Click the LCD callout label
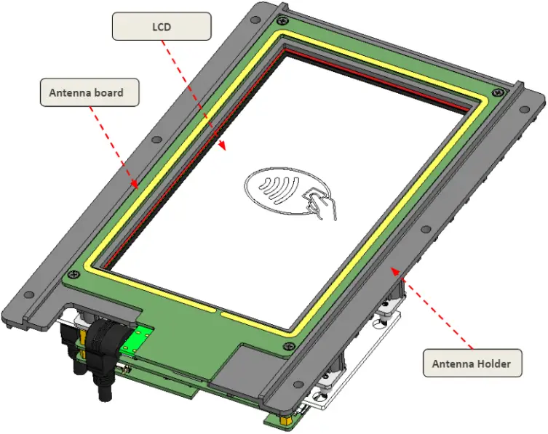click(x=161, y=28)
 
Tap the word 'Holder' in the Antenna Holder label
click(x=492, y=363)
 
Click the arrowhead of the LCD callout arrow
click(x=225, y=148)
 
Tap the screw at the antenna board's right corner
click(x=497, y=92)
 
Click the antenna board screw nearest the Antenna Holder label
click(x=292, y=346)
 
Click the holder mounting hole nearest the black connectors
click(x=28, y=295)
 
